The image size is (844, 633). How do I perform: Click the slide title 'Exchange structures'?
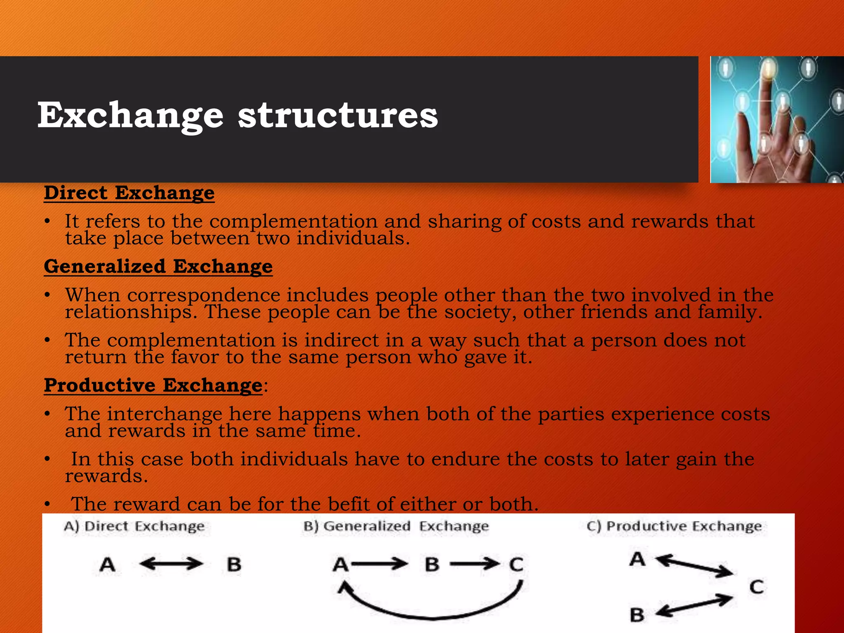tap(237, 116)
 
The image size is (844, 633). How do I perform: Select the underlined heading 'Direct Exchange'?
tap(129, 193)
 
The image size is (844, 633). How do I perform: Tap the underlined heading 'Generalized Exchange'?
tap(158, 266)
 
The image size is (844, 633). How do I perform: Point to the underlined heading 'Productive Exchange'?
tap(153, 385)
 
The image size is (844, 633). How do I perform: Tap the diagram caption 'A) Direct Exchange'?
tap(134, 526)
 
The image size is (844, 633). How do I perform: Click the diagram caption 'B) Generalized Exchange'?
tap(396, 526)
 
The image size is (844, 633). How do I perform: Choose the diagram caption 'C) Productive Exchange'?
tap(674, 526)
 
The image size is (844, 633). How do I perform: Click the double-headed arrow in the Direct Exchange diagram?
tap(171, 564)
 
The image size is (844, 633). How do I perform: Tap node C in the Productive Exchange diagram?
tap(757, 587)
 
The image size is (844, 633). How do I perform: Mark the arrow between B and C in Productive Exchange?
tap(694, 606)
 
